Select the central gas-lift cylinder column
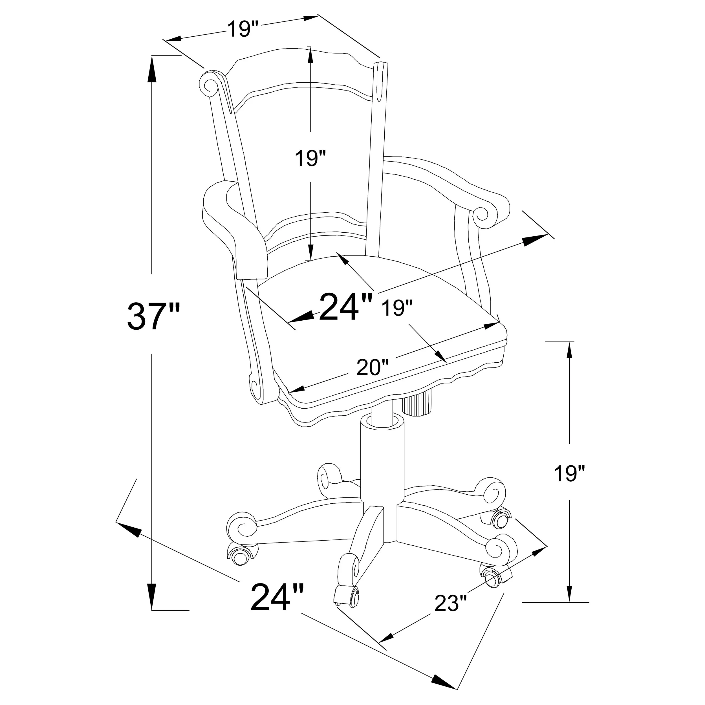(x=382, y=463)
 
